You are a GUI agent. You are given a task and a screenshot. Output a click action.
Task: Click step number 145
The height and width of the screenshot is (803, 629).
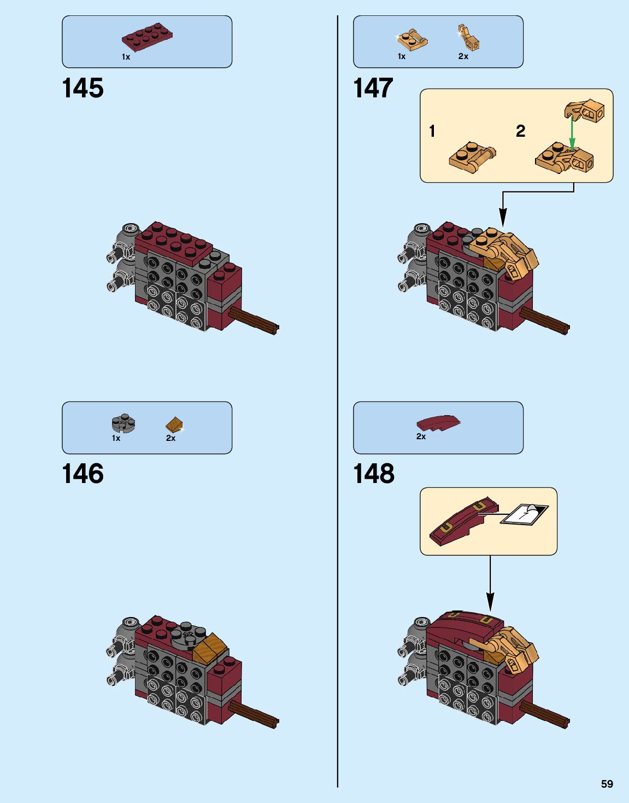tap(83, 89)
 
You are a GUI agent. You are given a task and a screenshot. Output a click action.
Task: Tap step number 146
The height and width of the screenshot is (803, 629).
tap(83, 474)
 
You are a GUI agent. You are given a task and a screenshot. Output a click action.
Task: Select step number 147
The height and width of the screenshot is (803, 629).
tap(373, 89)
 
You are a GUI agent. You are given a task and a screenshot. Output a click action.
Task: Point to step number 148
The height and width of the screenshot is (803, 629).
tap(373, 474)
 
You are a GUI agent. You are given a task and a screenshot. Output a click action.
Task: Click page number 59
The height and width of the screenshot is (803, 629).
tap(607, 784)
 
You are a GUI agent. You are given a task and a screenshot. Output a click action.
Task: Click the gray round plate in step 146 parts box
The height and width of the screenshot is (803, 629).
tap(124, 423)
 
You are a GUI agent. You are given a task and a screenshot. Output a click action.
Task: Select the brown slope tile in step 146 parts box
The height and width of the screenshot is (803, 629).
tap(174, 424)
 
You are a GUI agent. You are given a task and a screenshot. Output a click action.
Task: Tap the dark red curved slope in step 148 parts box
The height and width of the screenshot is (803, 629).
tap(438, 423)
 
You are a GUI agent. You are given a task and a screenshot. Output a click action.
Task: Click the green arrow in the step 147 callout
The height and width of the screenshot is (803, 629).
tap(572, 133)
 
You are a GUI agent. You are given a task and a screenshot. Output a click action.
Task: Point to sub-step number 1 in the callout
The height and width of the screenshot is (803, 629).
tap(432, 131)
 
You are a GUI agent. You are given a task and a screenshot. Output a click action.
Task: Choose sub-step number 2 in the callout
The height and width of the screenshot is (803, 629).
tap(520, 131)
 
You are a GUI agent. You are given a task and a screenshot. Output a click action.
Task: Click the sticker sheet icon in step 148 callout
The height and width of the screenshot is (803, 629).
tap(525, 514)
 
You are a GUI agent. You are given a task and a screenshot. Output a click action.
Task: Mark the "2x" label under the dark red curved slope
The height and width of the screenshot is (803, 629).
tap(421, 437)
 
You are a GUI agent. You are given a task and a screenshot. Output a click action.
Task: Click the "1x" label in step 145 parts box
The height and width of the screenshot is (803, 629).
tap(126, 57)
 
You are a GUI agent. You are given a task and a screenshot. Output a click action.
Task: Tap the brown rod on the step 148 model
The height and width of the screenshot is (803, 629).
tap(545, 714)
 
